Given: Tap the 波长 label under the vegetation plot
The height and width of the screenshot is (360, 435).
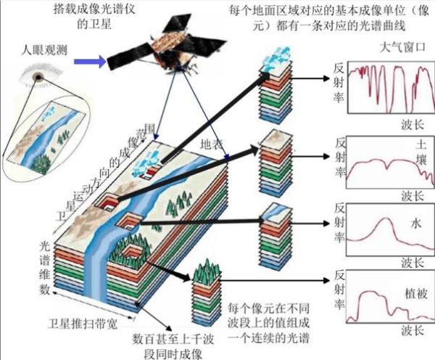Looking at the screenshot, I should pyautogui.click(x=410, y=330).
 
